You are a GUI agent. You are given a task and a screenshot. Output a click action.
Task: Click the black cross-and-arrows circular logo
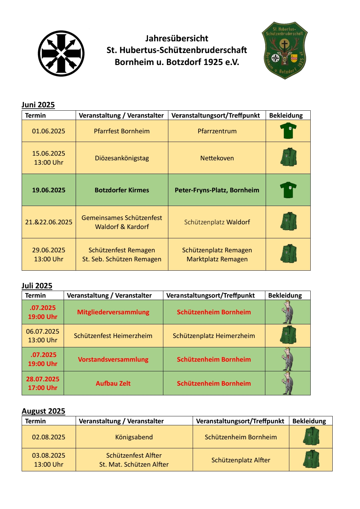pos(61,53)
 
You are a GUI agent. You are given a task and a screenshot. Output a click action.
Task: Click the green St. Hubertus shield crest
pos(284,50)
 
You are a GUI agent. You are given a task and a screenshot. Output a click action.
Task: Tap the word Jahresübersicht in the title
pos(177,38)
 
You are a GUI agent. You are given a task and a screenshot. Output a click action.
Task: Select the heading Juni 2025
pos(38,105)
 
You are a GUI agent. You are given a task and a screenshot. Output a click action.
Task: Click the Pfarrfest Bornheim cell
pos(122,131)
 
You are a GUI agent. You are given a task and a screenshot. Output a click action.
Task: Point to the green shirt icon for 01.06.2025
pos(288,131)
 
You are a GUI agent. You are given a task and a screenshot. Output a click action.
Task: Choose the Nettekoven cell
pos(217,158)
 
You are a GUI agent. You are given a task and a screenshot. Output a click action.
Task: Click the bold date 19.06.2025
pos(49,190)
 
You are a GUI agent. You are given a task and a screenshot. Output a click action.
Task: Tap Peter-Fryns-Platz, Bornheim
pos(217,190)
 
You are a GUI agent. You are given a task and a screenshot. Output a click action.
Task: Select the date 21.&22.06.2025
pos(49,222)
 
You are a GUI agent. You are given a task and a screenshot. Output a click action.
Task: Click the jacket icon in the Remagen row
pos(288,254)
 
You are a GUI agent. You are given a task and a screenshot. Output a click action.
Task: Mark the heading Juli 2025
pos(37,286)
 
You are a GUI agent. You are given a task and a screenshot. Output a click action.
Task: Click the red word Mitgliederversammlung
pos(113,312)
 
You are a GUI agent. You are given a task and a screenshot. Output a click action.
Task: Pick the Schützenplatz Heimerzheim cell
pos(214,336)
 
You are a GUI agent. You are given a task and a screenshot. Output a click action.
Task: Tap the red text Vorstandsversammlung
pos(113,359)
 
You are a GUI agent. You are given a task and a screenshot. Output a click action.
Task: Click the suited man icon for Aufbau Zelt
pos(287,383)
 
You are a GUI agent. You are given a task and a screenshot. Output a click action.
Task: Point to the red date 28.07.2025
pos(43,379)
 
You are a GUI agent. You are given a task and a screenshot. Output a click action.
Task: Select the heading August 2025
pos(43,411)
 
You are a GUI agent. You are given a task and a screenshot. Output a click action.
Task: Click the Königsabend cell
pos(134,437)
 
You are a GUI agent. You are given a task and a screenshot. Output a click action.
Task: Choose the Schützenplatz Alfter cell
pos(241,460)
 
